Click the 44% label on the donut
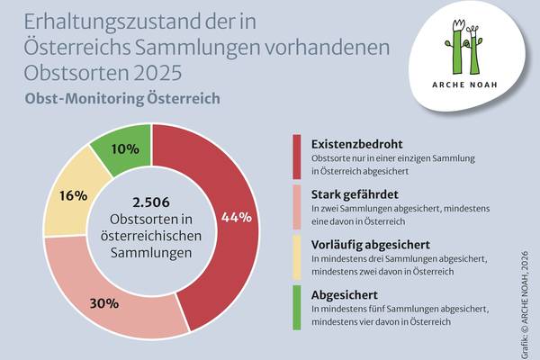[237, 217]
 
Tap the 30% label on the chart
[103, 302]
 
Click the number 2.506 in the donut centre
[151, 202]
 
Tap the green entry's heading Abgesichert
[345, 294]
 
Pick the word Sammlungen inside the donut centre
[151, 253]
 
